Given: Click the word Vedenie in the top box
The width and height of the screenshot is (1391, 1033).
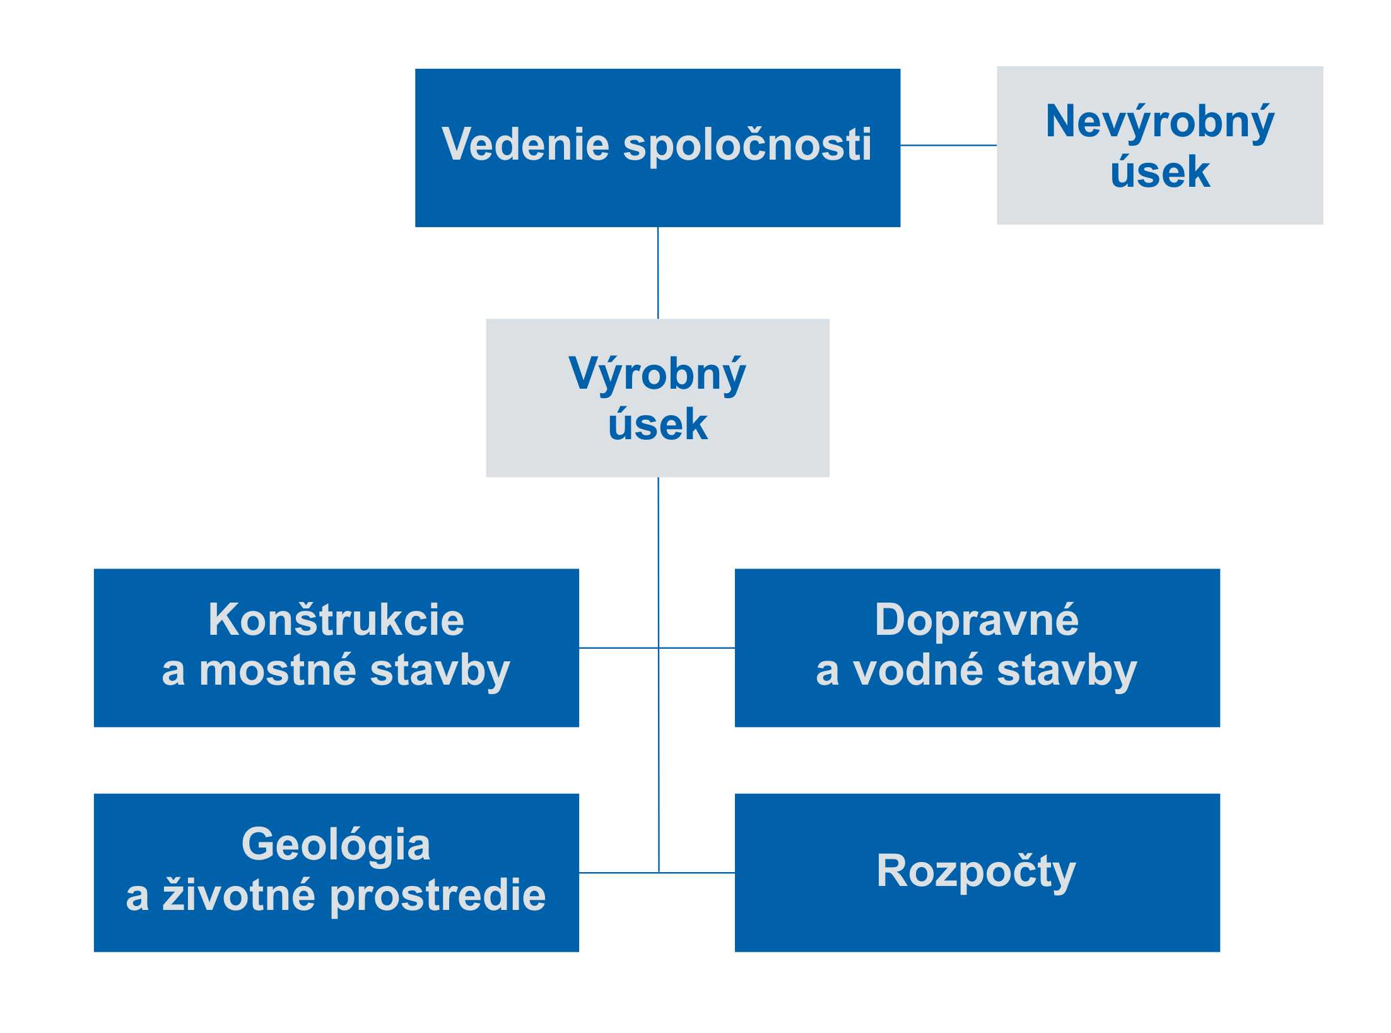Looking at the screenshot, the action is point(525,145).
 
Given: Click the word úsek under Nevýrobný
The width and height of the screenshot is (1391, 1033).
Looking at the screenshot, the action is point(1160,172).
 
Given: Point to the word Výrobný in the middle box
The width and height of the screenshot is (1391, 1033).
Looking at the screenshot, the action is point(657,375).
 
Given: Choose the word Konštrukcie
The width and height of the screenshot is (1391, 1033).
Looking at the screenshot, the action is point(336,620).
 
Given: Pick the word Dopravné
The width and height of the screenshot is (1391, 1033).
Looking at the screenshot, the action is point(977,621).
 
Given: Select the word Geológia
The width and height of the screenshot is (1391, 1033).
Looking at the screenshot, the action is point(336,845).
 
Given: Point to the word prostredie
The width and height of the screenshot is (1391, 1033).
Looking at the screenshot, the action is point(438,896).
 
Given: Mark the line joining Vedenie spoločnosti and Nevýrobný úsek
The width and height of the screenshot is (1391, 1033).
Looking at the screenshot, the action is point(948,145).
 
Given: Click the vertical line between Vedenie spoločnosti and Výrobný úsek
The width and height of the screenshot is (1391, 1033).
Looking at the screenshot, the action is point(658,273).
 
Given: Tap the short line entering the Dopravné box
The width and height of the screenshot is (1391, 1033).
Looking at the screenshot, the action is point(697,647).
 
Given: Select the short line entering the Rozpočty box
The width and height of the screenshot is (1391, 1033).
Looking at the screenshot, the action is point(697,873).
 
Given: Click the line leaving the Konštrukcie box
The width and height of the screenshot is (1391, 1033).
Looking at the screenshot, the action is point(619,647).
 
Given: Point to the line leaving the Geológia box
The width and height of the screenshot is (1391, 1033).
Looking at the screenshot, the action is point(619,873).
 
